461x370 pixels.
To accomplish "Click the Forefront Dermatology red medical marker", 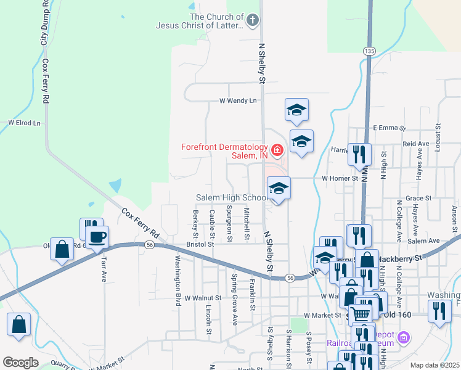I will tap(277, 149).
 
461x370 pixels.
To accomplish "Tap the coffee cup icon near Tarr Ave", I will tap(98, 237).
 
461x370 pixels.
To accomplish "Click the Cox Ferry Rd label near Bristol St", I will tap(141, 224).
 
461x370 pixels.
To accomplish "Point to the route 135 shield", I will tap(369, 51).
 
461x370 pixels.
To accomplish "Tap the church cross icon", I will tap(251, 20).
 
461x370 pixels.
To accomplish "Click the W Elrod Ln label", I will tap(24, 123).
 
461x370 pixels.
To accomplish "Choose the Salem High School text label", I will tap(231, 197).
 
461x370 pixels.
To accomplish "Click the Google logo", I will tap(20, 362).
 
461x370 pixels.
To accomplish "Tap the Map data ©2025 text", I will tap(434, 365).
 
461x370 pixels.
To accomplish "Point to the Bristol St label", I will tap(200, 244).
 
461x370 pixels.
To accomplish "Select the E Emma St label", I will tap(389, 128).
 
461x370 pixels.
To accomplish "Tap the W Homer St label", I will tap(340, 178).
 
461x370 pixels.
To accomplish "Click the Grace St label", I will tap(418, 198).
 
